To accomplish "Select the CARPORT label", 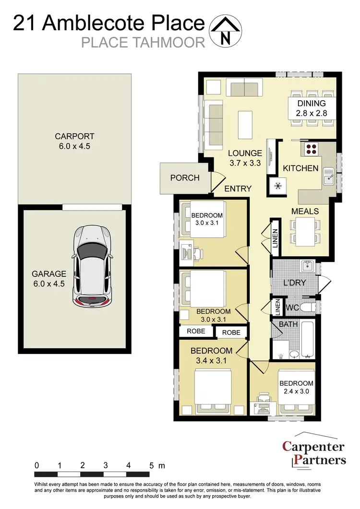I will [74, 141].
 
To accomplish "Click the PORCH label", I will [185, 178].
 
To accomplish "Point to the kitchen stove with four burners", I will [311, 149].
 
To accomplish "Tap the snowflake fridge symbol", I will [277, 186].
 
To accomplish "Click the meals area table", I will [304, 230].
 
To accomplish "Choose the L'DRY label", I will [294, 283].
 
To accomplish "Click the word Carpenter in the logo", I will [313, 447].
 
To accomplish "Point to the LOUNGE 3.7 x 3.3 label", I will [245, 158].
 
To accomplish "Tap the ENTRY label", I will [238, 189].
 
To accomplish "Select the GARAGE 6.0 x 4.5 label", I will [49, 278].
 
